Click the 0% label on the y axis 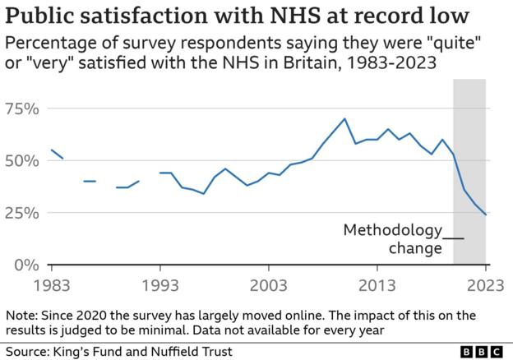(x=26, y=265)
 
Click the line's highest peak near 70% (x=344, y=118)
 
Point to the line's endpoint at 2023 (x=486, y=215)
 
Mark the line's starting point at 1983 (x=51, y=150)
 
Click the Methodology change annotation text (x=393, y=238)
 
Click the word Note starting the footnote (x=20, y=315)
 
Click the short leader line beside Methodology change (x=454, y=238)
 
